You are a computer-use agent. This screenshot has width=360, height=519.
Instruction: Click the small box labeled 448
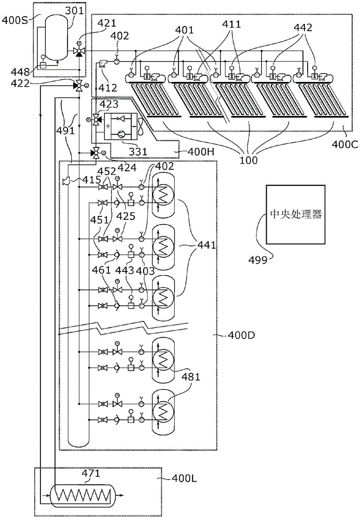(43, 65)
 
